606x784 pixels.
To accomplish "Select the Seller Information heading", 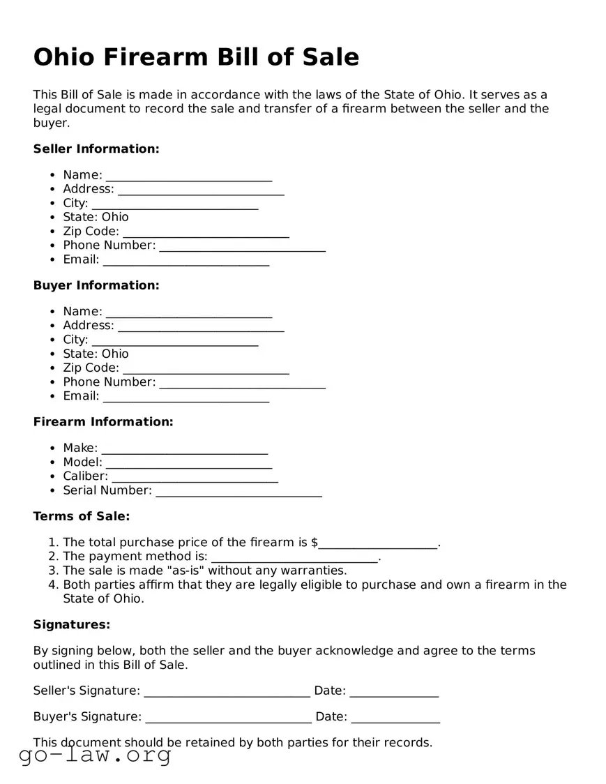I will coord(96,149).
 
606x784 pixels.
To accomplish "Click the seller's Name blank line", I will coord(188,176).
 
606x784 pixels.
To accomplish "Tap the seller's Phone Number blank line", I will coord(242,246).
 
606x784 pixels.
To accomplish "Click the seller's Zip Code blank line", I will coord(206,232).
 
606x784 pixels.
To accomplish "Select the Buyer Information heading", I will coord(96,285).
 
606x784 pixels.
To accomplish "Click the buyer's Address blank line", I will coord(201,326).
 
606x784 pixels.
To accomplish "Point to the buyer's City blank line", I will coord(174,340).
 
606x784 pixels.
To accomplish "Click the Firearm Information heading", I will coord(103,422).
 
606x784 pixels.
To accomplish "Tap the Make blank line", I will coord(184,449).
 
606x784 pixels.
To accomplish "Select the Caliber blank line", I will coord(195,477).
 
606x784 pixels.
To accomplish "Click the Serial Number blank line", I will coord(238,492).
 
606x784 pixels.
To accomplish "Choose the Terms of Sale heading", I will coord(82,516).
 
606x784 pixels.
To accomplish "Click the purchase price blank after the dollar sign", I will coord(379,543).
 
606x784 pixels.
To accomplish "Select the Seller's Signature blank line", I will coord(227,692).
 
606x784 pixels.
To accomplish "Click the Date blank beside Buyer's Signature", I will coord(395,718).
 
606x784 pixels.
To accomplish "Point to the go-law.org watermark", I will coord(95,755).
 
